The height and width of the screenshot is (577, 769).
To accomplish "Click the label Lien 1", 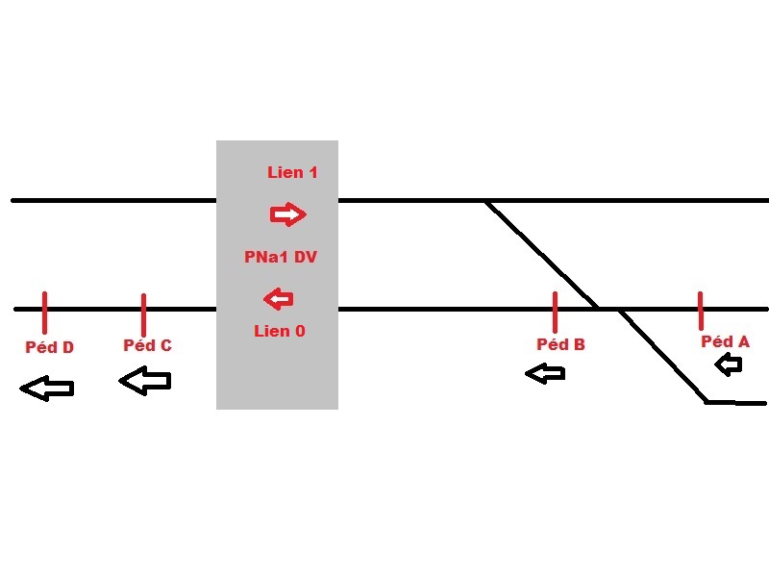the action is click(x=292, y=172).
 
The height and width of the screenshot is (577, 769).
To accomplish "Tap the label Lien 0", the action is click(x=280, y=331).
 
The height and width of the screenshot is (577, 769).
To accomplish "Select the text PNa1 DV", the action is click(x=281, y=257).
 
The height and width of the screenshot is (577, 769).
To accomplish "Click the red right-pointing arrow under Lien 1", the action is click(x=287, y=214).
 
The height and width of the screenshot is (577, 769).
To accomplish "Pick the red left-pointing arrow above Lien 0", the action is click(x=279, y=299).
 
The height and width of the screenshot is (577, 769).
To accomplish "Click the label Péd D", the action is click(x=50, y=347).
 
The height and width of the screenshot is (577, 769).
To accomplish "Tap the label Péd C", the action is click(x=148, y=345).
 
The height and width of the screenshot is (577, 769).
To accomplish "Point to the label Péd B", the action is click(x=561, y=344).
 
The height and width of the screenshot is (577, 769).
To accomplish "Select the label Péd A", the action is click(x=726, y=341).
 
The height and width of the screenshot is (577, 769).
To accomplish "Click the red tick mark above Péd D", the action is click(x=44, y=314).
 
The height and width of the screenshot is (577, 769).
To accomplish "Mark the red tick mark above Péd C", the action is click(x=143, y=315).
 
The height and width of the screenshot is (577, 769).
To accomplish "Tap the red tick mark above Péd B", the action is click(x=555, y=313).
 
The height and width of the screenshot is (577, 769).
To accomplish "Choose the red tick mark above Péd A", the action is click(x=701, y=311).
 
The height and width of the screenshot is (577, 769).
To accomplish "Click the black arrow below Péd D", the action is click(x=46, y=389).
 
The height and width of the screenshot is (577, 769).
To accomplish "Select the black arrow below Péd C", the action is click(x=145, y=380).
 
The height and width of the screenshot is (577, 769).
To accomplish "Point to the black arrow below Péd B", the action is click(x=545, y=374).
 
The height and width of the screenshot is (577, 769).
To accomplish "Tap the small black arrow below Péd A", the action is click(x=729, y=365).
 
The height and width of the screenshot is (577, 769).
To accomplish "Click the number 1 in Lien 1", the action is click(x=313, y=172).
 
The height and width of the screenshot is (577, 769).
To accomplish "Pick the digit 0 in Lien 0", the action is click(x=300, y=331).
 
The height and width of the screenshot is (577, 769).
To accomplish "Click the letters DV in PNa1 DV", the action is click(x=306, y=257).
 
